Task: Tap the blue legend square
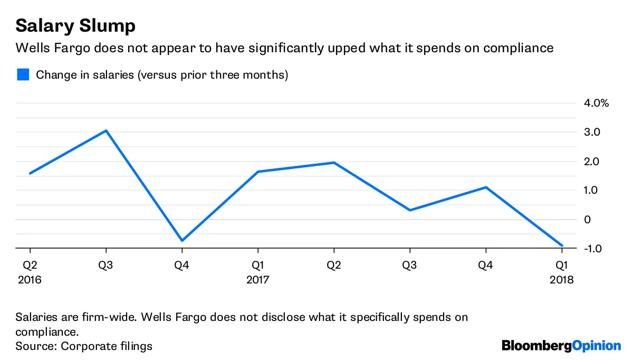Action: point(23,74)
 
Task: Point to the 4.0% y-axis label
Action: point(596,103)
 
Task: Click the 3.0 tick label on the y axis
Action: point(591,132)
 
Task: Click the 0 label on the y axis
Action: point(587,220)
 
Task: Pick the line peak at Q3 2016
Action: point(106,130)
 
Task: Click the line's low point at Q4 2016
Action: point(182,241)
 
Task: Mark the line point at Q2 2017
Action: point(334,163)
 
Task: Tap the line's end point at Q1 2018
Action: point(562,245)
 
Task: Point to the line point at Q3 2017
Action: point(410,210)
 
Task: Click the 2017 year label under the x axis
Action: point(257,279)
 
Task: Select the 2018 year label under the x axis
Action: point(561,279)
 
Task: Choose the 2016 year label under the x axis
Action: point(30,279)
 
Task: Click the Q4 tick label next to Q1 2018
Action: point(485,266)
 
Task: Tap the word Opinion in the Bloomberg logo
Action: point(597,346)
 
